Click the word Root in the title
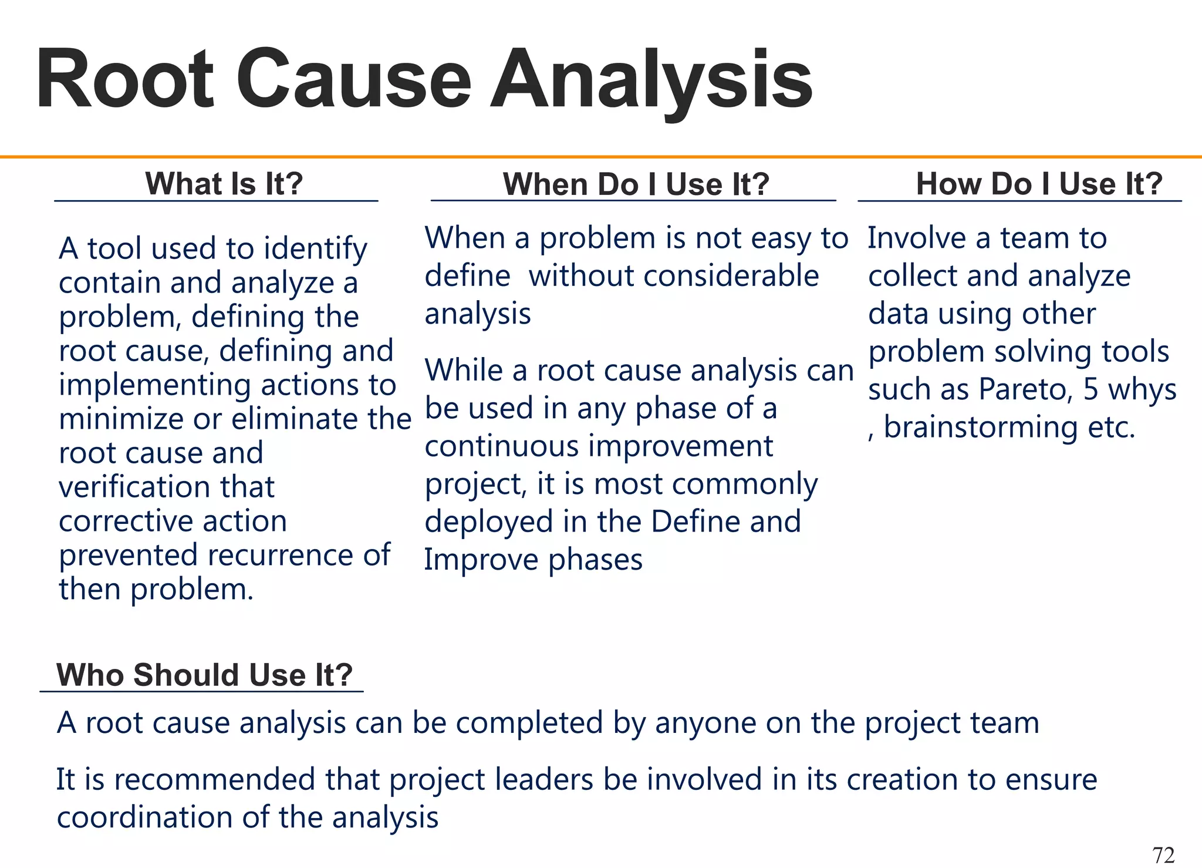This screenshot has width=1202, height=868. pos(124,79)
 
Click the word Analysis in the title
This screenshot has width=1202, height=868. pos(651,79)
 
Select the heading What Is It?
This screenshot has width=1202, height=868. pos(224,184)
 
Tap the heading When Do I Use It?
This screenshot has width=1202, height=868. pos(636,184)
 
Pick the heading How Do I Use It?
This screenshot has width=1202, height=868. pos(1039,184)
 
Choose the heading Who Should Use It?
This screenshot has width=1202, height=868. pos(204,675)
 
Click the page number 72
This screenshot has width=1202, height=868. pos(1163,854)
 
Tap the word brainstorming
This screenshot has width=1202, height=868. pos(981,427)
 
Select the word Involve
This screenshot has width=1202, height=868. pos(916,238)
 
